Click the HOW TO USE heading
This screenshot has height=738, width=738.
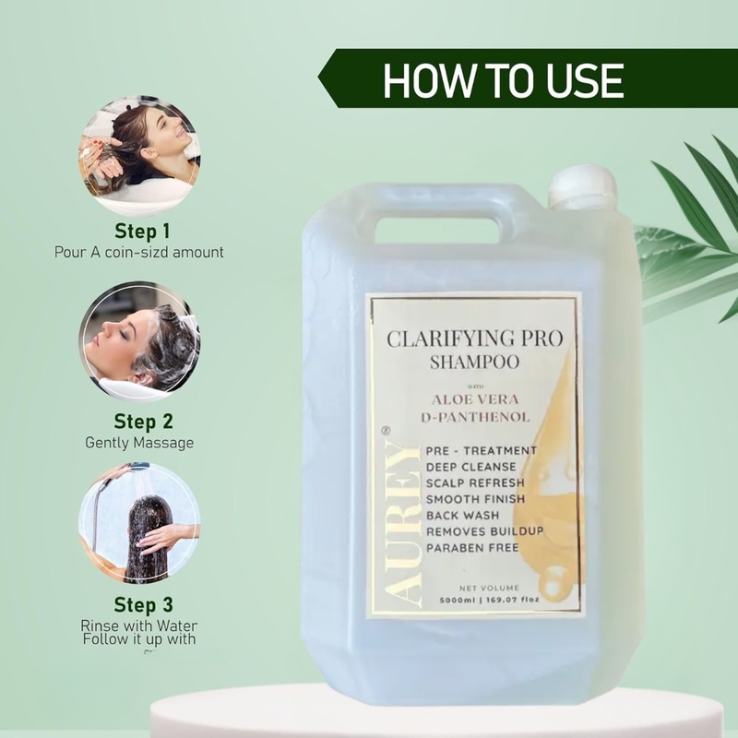(503, 80)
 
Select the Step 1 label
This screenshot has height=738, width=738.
(141, 230)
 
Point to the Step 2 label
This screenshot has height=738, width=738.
(141, 422)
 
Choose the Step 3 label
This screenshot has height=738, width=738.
(141, 605)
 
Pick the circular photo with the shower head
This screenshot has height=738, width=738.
(138, 524)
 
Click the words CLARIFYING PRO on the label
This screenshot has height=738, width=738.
(476, 338)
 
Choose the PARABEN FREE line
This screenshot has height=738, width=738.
(471, 547)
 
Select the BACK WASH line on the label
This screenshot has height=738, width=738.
(463, 516)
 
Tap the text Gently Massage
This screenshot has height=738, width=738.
(141, 443)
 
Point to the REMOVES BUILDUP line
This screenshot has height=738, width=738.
(484, 531)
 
